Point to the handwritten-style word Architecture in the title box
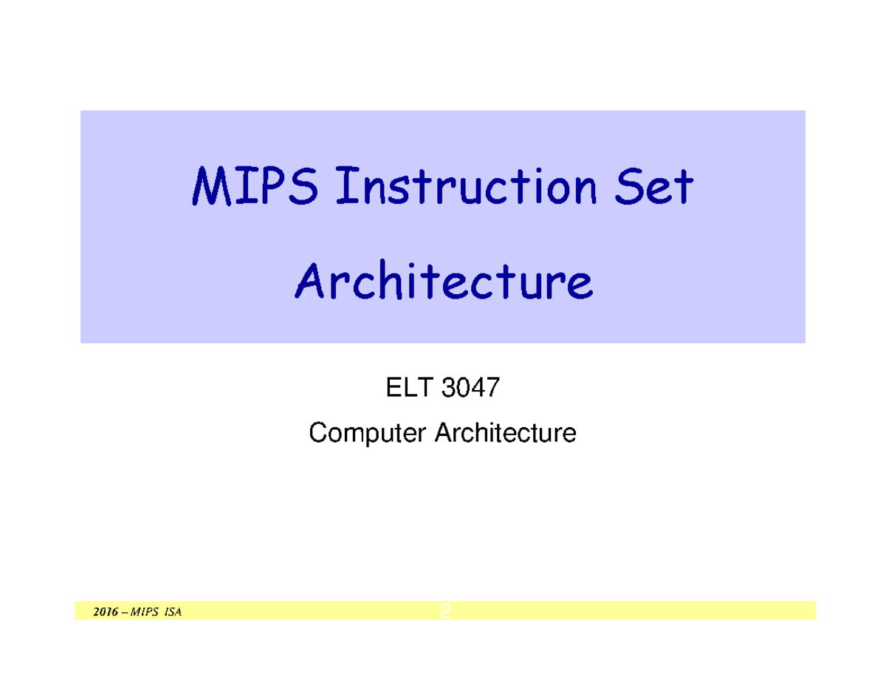coord(443,282)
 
